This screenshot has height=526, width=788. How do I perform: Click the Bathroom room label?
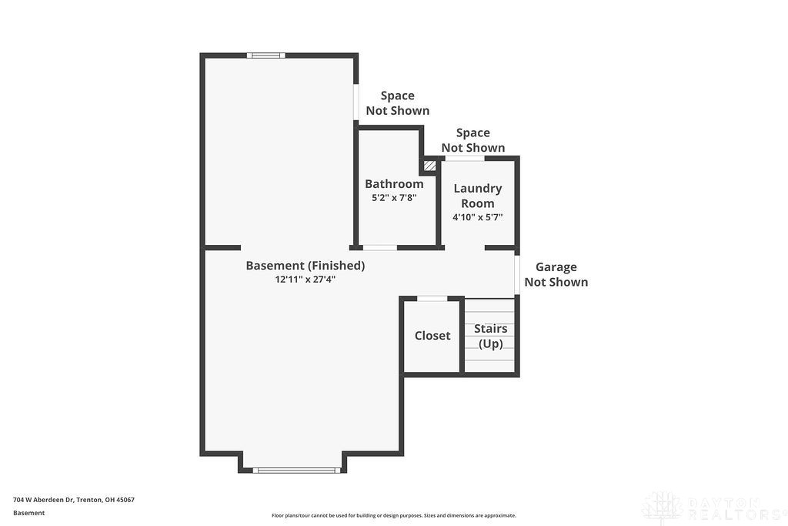[x=394, y=184]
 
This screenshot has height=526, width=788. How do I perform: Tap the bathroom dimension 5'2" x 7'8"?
[x=394, y=198]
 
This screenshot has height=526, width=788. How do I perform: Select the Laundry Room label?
[x=477, y=196]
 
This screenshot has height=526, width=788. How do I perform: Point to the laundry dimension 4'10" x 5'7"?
[x=477, y=217]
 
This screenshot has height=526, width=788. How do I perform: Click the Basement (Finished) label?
[x=305, y=266]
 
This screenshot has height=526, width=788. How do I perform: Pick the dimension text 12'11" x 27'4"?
[x=305, y=279]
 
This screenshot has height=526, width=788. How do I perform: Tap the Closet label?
[x=432, y=336]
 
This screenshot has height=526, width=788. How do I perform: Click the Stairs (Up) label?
[x=490, y=336]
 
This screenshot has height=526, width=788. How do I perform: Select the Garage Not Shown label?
[x=556, y=275]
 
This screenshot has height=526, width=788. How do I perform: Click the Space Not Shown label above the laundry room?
[x=473, y=140]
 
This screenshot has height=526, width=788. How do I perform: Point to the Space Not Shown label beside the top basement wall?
[x=398, y=103]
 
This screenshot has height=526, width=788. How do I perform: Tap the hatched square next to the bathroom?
[x=429, y=165]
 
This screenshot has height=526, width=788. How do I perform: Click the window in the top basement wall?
[x=265, y=55]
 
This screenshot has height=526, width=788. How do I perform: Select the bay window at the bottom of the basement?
[x=296, y=471]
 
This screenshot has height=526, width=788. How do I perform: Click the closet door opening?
[x=432, y=299]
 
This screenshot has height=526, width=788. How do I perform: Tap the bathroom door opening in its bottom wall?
[x=380, y=247]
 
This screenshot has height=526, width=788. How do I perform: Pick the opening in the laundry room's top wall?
[x=465, y=159]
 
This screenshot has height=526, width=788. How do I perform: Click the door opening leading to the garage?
[x=516, y=275]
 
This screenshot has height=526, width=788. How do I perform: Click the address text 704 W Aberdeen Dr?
[x=43, y=500]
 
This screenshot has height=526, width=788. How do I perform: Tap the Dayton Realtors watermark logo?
[x=713, y=508]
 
